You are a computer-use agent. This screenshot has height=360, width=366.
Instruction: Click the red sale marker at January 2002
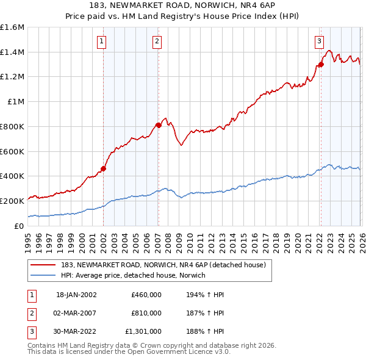click(103, 168)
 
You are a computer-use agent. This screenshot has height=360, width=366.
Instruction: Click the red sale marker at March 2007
click(158, 125)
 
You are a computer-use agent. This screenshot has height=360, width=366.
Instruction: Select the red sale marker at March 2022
click(320, 64)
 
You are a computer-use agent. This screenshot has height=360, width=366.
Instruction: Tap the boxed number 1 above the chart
click(102, 41)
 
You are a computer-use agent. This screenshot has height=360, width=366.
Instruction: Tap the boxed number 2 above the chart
click(157, 41)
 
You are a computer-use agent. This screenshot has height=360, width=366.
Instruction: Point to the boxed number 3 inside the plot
click(319, 41)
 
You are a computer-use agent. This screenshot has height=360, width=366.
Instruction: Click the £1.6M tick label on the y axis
click(12, 27)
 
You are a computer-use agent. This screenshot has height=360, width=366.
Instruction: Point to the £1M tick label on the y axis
click(16, 102)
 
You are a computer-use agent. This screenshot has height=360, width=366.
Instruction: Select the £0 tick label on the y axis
click(20, 225)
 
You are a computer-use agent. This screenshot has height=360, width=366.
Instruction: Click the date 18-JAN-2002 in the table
click(76, 295)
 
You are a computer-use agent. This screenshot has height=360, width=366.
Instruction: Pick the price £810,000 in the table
click(146, 313)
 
